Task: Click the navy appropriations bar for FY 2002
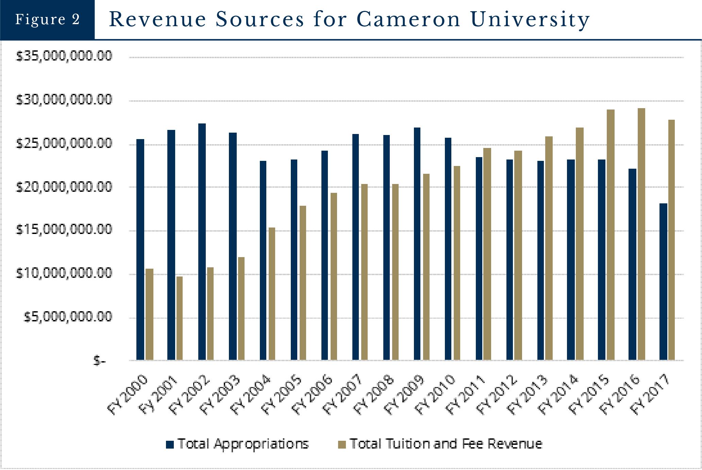click(x=202, y=241)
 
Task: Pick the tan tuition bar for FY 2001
click(x=180, y=318)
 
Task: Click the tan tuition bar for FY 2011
click(x=487, y=254)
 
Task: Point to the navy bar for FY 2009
click(x=417, y=244)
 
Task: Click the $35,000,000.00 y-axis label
click(x=64, y=56)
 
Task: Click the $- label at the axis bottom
click(x=100, y=361)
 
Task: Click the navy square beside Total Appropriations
click(x=170, y=444)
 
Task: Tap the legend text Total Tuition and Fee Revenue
click(x=446, y=444)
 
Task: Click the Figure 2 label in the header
click(x=47, y=19)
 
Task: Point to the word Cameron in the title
click(x=408, y=19)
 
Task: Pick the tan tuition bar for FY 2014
click(x=580, y=244)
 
